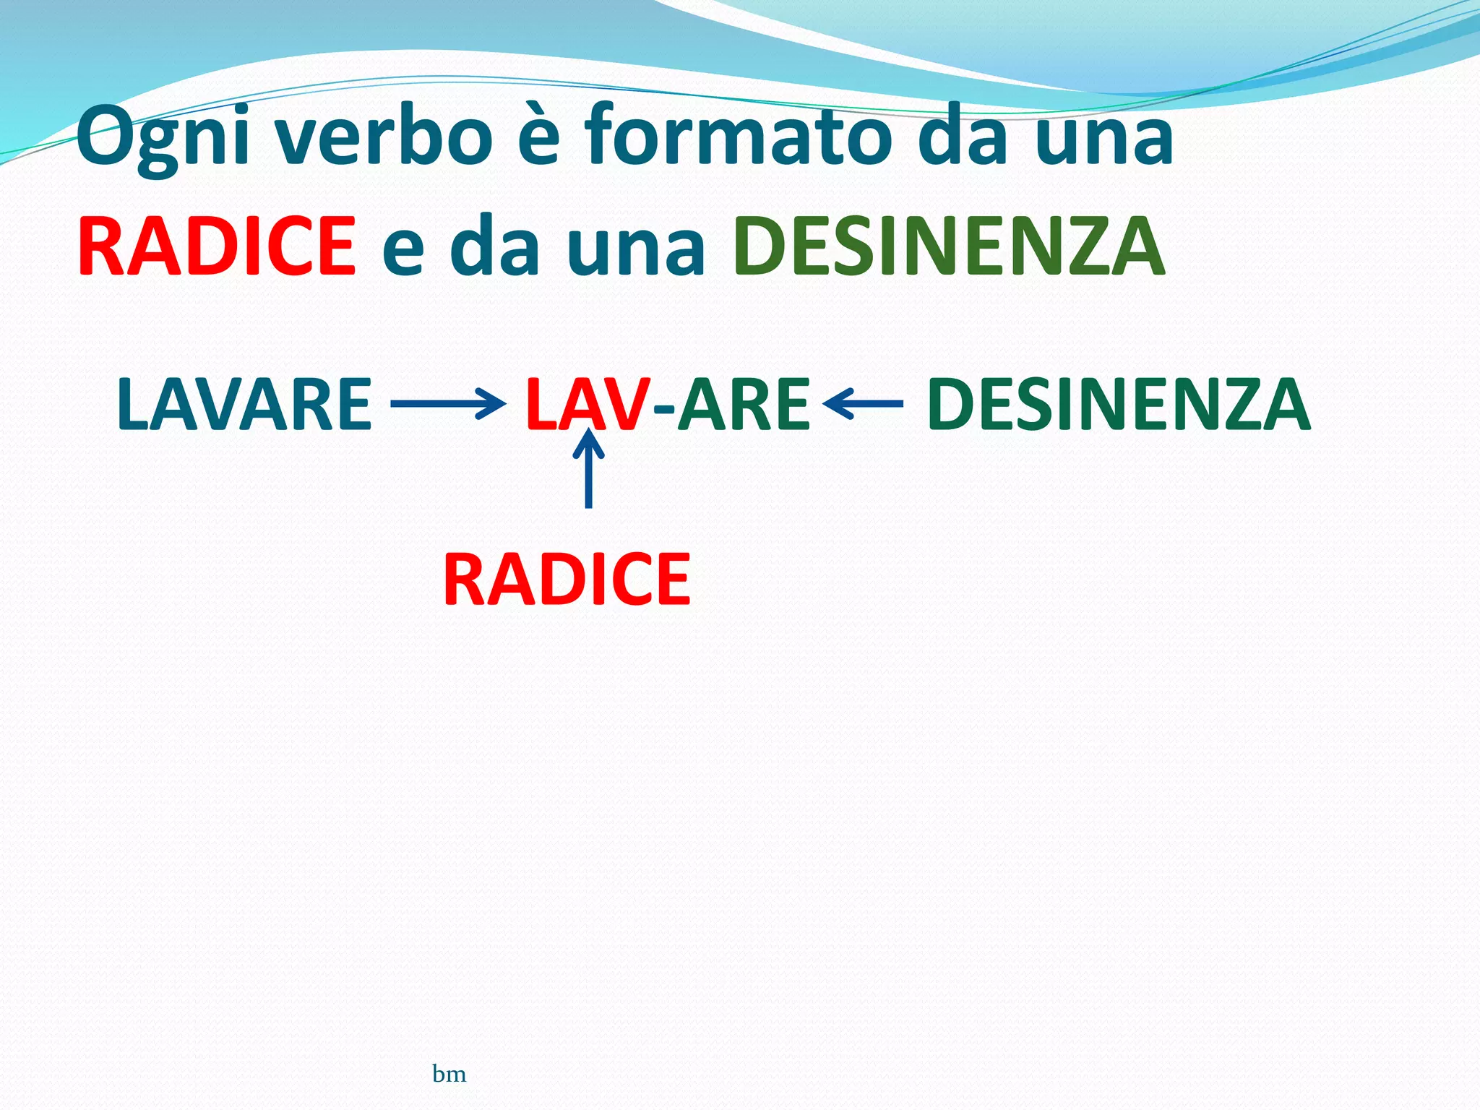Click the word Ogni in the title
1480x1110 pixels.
[x=163, y=137]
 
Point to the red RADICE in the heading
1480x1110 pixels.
[x=218, y=246]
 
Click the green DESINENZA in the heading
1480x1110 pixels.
[x=949, y=246]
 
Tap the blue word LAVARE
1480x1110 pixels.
[x=244, y=404]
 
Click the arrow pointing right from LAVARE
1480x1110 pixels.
[x=447, y=403]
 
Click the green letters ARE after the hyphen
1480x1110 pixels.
[x=744, y=404]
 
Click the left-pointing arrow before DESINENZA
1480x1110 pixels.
[x=863, y=403]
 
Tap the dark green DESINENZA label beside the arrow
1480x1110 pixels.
[x=1118, y=404]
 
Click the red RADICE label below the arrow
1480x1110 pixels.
[x=567, y=579]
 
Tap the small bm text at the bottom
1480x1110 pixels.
[x=449, y=1074]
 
